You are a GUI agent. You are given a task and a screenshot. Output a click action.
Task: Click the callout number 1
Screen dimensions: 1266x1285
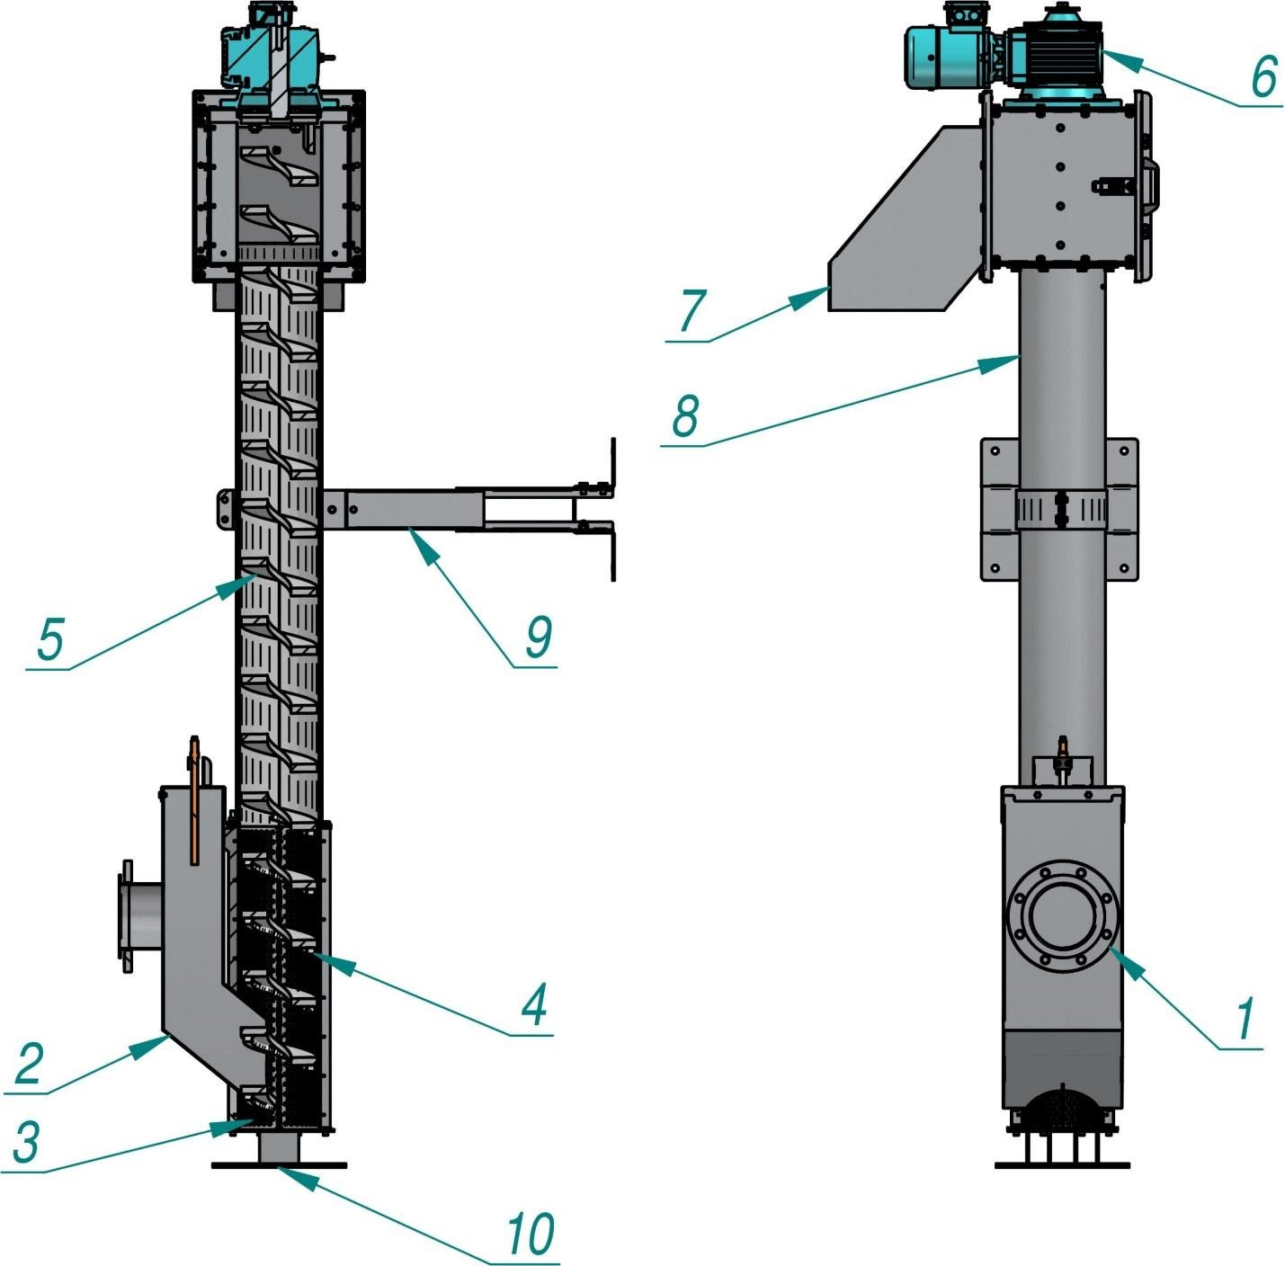tap(1245, 1021)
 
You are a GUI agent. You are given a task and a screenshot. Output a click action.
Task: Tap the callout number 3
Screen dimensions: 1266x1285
tap(26, 1143)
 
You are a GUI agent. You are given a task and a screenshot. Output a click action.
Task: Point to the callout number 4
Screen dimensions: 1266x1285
tap(534, 1004)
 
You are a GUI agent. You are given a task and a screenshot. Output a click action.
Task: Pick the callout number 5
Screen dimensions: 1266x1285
tap(50, 640)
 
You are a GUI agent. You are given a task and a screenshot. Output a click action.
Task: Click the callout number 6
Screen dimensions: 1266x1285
tap(1263, 76)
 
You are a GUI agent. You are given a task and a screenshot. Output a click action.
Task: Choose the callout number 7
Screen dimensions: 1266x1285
tap(691, 312)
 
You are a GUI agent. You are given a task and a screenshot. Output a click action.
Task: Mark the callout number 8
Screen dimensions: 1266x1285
tap(685, 416)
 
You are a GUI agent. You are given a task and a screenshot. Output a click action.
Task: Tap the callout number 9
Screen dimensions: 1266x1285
tap(538, 637)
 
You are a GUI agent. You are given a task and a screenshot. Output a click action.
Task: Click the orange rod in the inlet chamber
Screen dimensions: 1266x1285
tap(194, 800)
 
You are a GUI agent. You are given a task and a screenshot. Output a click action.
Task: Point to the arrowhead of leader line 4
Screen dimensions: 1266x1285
tap(319, 957)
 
